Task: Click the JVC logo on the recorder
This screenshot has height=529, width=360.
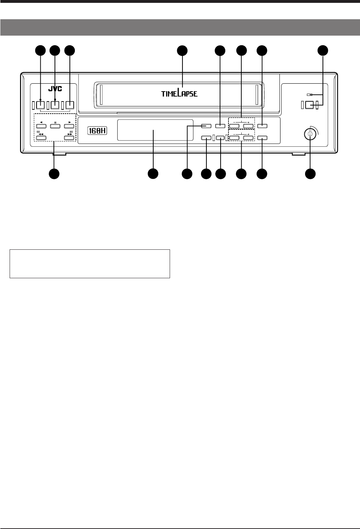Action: coord(55,89)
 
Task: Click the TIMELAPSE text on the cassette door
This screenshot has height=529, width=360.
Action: coord(179,93)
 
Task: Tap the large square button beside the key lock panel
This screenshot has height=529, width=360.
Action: coord(309,105)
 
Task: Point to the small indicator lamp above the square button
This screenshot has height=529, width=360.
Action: coord(309,95)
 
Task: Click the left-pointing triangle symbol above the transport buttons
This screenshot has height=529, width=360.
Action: coord(41,122)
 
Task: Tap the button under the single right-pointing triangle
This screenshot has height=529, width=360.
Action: coord(68,126)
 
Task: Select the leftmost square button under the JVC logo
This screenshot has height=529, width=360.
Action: coord(40,105)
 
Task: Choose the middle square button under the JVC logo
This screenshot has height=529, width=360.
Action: coord(55,105)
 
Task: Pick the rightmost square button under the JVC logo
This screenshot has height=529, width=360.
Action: coord(70,105)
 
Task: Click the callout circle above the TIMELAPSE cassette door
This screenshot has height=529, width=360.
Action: coord(182,51)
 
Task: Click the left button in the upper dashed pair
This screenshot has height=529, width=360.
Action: coord(234,126)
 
